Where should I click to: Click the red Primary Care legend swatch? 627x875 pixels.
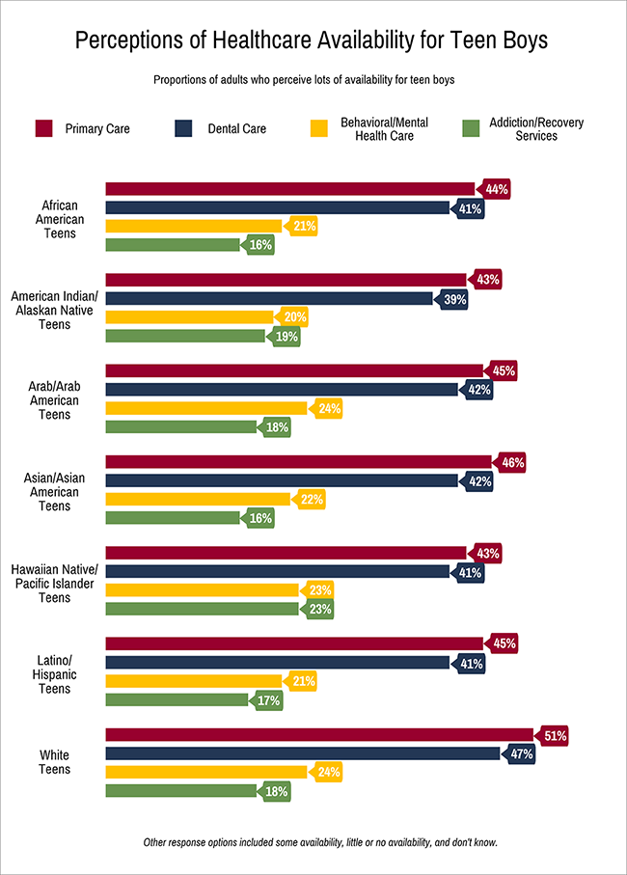pos(44,128)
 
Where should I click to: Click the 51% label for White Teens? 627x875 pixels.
pos(554,736)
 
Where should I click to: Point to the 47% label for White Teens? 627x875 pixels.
pos(521,754)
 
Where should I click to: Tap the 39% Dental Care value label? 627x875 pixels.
pos(454,300)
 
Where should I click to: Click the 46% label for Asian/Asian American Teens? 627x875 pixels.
pos(512,463)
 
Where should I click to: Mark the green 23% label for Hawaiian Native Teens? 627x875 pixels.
pos(320,610)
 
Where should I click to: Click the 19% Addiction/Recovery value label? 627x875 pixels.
pos(286,337)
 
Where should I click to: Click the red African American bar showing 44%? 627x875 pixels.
pos(289,189)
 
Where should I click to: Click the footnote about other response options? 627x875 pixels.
pos(319,842)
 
